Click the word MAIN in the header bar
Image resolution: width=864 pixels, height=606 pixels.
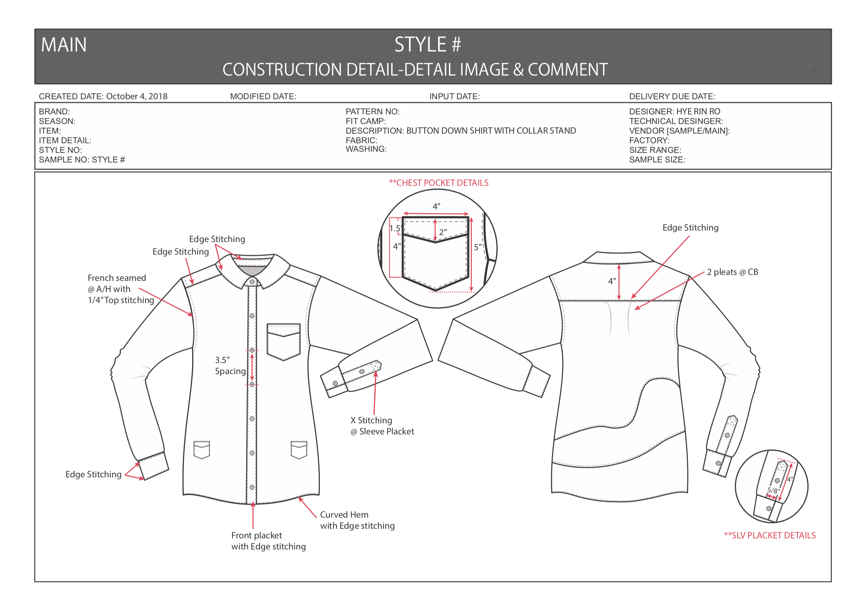64,45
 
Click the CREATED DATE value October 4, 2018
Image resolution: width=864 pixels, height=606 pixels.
137,96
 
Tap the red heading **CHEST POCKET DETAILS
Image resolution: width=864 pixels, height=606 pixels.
438,183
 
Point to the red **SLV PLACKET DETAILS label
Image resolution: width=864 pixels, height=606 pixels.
770,535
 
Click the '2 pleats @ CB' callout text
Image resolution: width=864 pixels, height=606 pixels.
732,272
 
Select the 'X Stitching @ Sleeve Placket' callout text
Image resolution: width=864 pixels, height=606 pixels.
382,426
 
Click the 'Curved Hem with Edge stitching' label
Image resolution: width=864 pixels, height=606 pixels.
357,520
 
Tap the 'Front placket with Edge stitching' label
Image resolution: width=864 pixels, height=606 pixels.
268,541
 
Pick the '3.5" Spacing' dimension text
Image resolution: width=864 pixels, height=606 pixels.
230,366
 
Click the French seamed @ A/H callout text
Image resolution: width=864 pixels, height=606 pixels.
120,289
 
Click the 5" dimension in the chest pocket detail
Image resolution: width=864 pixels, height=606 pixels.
478,247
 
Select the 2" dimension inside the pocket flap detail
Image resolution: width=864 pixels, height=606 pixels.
443,232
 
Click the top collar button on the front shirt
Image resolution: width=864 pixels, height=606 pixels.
252,282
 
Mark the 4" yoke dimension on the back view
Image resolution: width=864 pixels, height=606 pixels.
612,281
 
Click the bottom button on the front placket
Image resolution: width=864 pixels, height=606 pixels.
252,487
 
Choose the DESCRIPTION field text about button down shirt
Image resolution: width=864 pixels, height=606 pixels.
461,131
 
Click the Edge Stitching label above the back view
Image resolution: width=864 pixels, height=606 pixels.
690,228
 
